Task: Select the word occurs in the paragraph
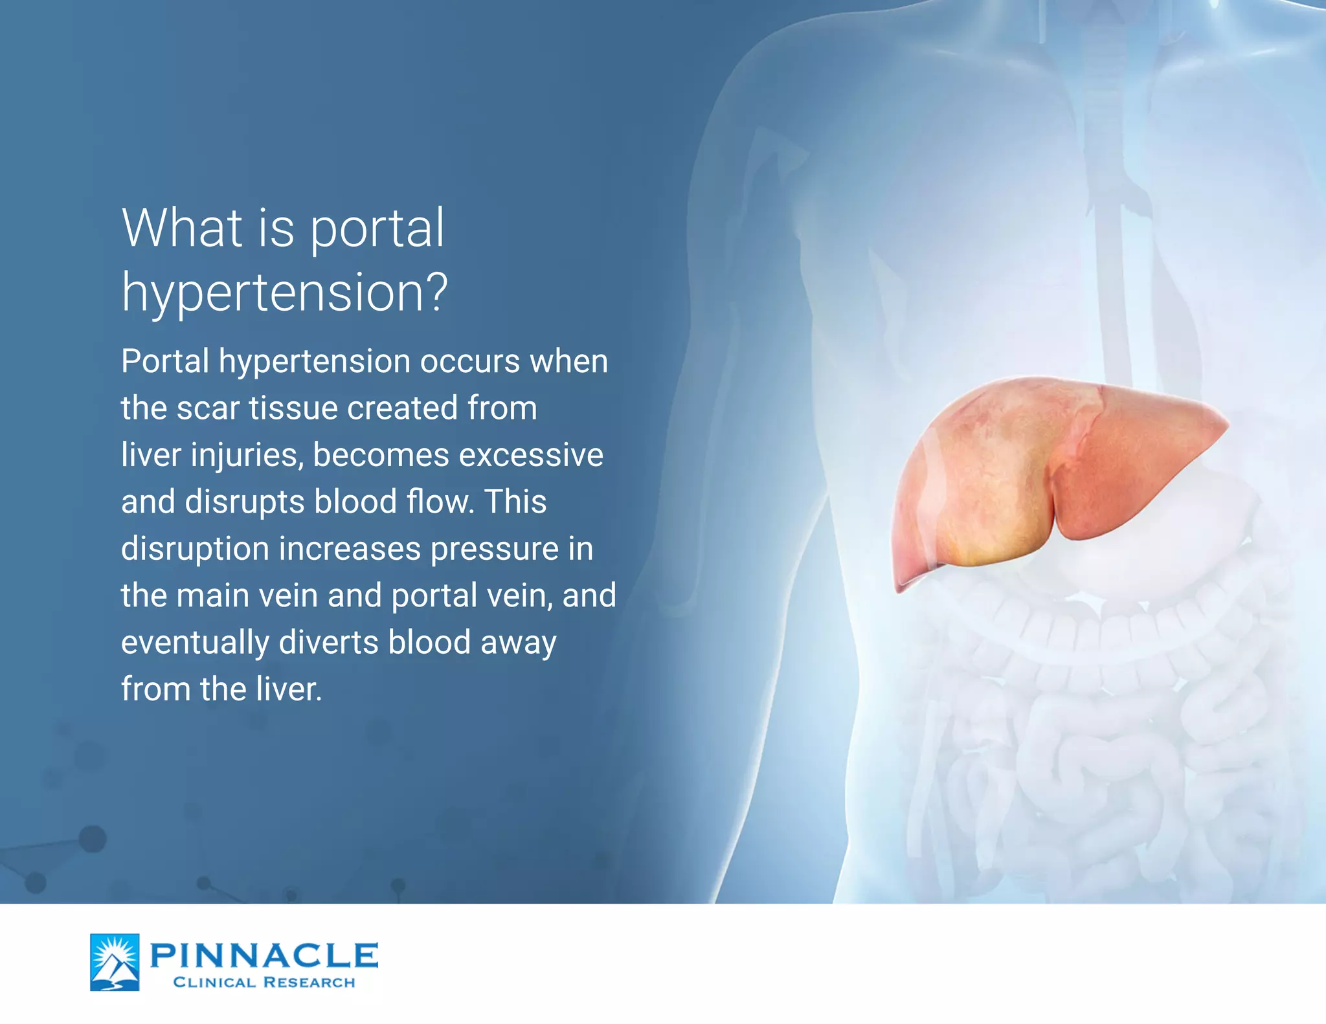tap(470, 361)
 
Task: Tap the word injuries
tap(247, 456)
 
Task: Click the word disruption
tap(195, 550)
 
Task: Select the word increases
tap(350, 549)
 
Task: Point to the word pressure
tap(495, 550)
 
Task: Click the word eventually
tap(195, 643)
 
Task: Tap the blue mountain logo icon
tap(115, 962)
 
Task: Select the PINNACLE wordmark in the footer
tap(264, 955)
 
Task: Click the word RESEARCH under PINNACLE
tap(309, 983)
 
